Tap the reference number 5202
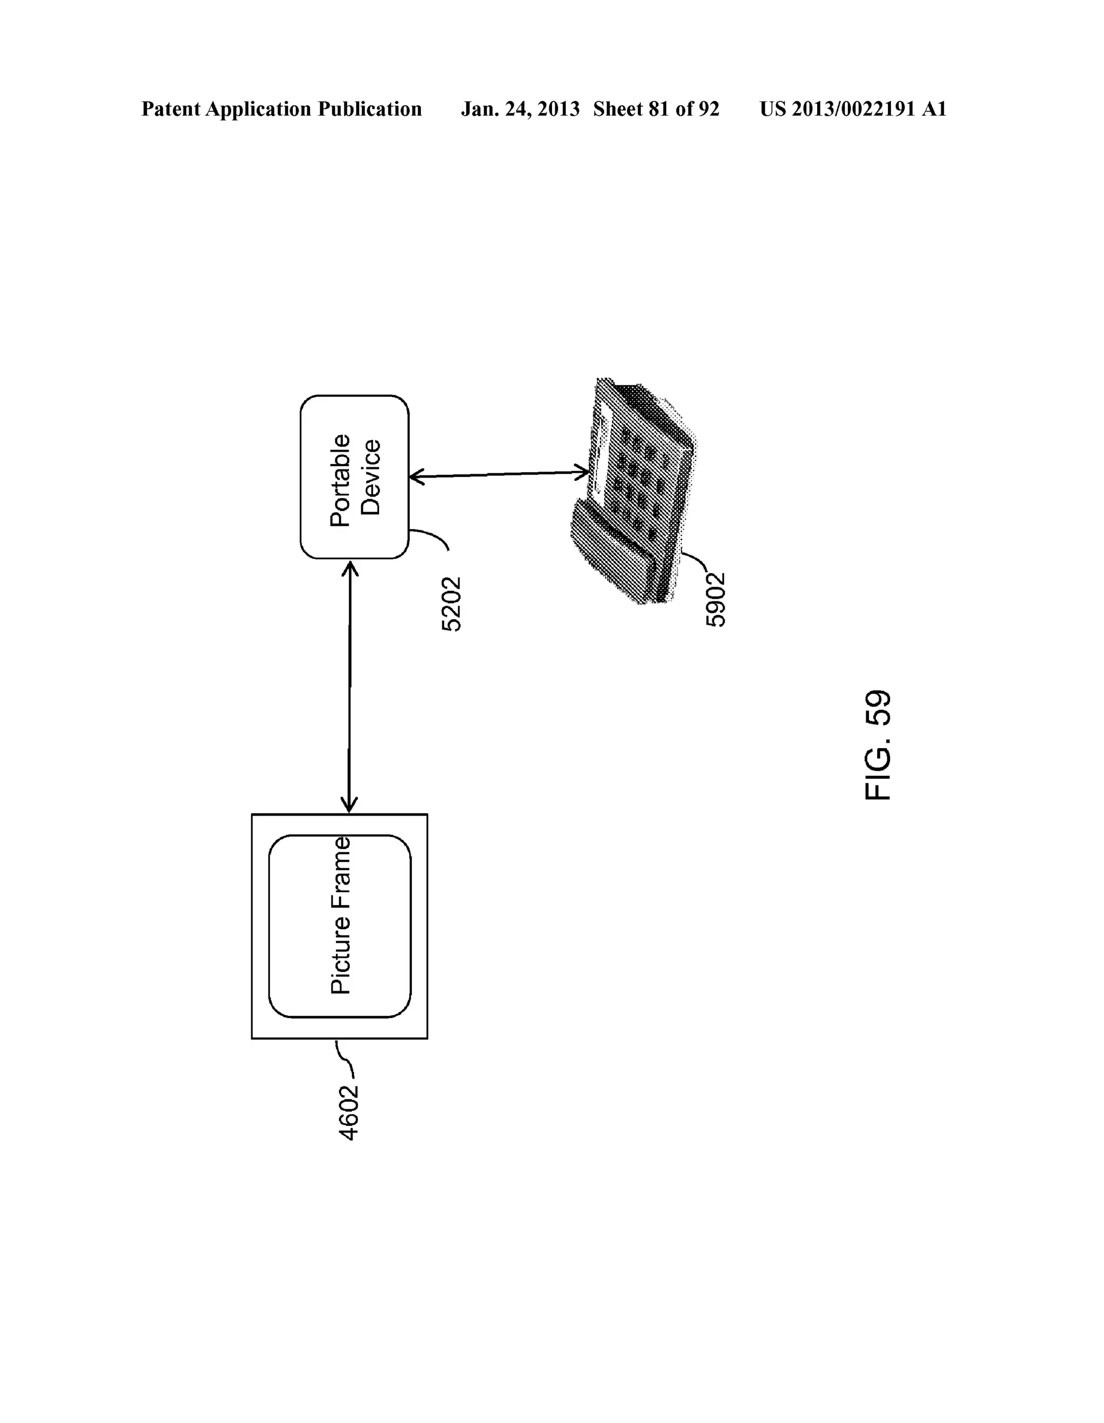451,604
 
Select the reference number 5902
715,599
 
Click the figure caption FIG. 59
877,745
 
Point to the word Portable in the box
340,480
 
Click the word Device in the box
370,478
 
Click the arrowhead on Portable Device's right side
417,478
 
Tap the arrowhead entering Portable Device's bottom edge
350,569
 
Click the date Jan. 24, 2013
520,109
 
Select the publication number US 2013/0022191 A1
852,109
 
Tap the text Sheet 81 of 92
655,109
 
